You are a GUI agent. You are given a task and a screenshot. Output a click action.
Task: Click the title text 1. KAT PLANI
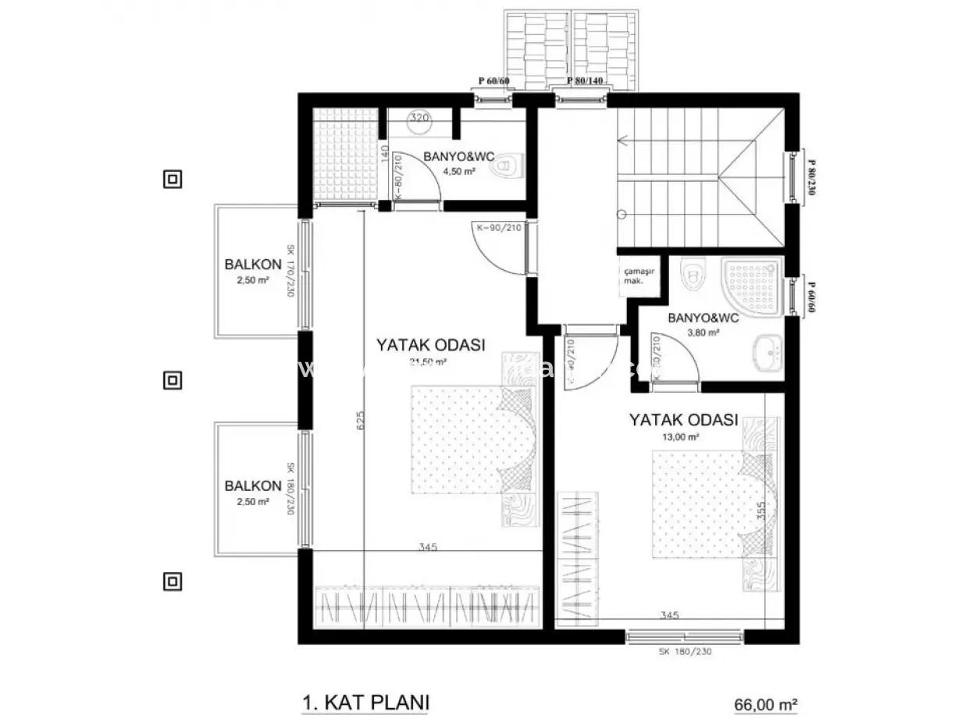[x=365, y=702]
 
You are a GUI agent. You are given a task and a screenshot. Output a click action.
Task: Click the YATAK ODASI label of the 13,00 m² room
[x=683, y=420]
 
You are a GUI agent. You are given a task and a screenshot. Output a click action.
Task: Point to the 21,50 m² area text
[x=429, y=361]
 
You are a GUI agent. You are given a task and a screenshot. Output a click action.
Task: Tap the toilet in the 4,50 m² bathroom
[x=509, y=165]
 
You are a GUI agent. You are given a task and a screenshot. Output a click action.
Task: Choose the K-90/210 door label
[x=497, y=229]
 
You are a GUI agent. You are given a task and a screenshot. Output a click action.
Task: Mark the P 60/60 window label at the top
[x=494, y=81]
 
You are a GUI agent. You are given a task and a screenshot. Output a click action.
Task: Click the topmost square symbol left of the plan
[x=172, y=180]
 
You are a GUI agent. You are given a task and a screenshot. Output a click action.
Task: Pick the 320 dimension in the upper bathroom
[x=419, y=119]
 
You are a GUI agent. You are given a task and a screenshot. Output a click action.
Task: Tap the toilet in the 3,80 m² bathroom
[x=689, y=272]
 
